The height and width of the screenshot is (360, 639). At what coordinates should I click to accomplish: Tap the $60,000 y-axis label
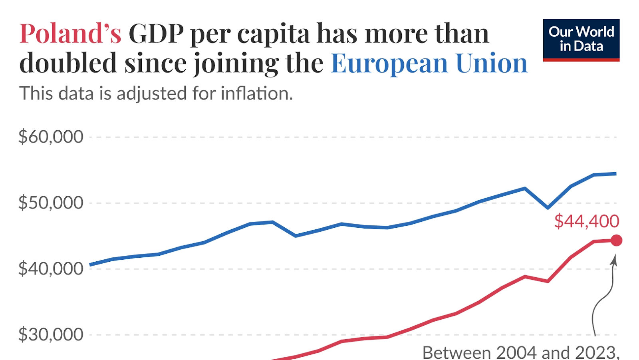coord(51,137)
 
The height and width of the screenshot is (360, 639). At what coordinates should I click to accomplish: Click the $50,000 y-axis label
coord(51,203)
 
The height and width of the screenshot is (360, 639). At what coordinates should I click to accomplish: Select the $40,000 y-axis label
coord(51,269)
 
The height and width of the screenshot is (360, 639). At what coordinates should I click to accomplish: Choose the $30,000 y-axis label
coord(51,335)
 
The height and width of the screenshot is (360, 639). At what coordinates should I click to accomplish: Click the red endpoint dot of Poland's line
coord(617,240)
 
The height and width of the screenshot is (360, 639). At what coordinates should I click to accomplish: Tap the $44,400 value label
coord(586,221)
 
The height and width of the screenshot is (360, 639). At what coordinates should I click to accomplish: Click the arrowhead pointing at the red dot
coord(614,261)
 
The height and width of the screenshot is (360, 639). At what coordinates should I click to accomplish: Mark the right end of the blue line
coord(615,174)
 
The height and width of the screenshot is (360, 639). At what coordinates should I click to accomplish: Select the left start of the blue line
coord(91,265)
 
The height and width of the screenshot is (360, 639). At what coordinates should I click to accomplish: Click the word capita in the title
coord(273,34)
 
